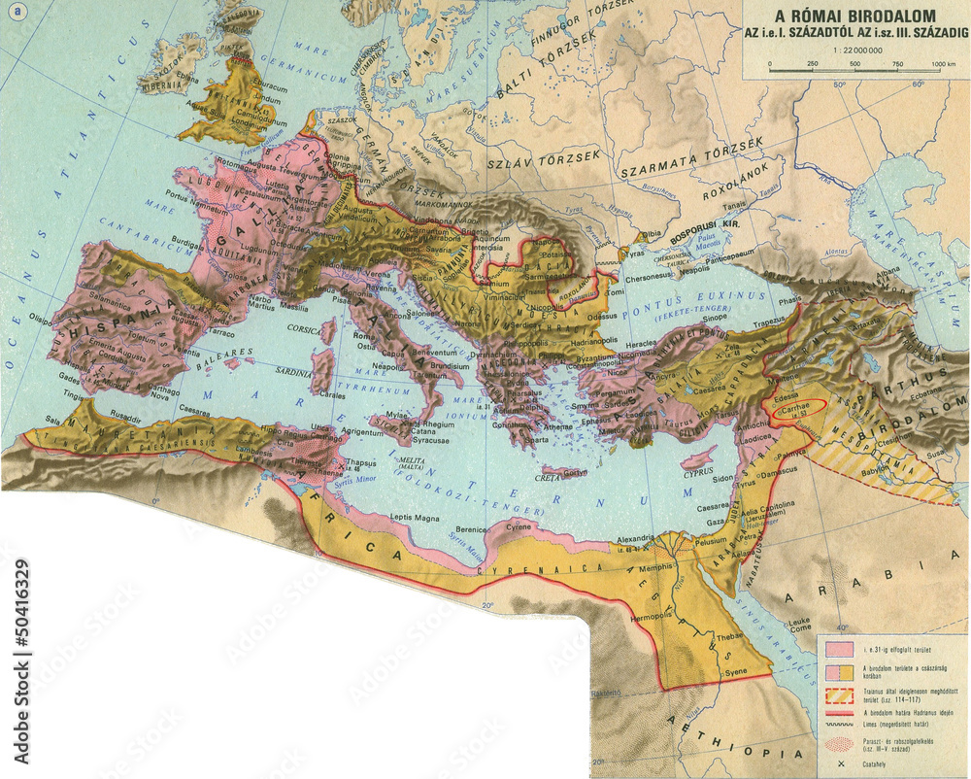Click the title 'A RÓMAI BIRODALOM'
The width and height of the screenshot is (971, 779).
click(855, 16)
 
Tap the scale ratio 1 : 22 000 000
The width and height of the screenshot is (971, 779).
click(855, 50)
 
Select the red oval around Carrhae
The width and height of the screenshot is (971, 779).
click(799, 412)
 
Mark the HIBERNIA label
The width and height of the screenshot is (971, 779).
click(165, 84)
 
